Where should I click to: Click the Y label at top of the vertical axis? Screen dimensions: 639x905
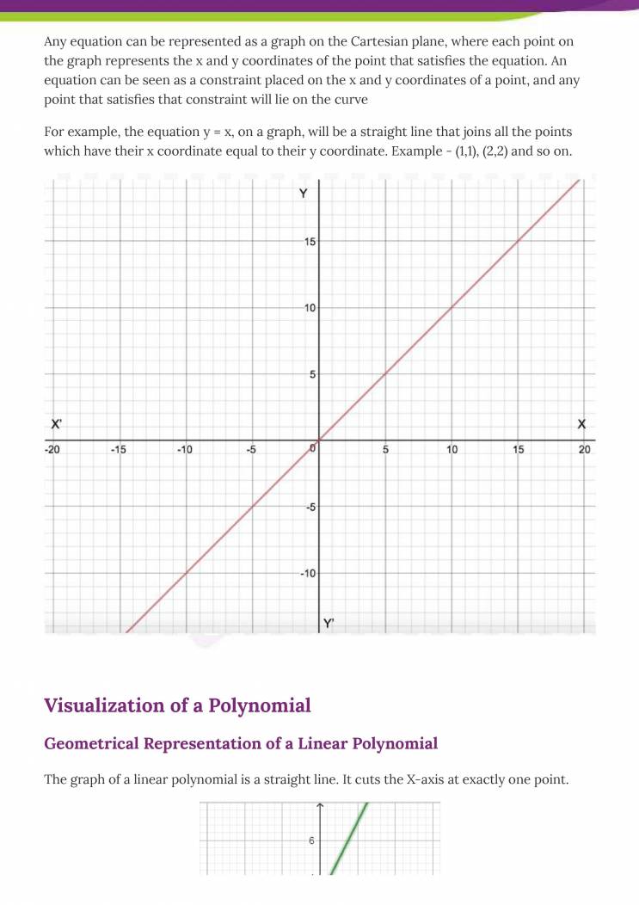(x=303, y=194)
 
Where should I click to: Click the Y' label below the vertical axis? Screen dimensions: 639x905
(x=328, y=623)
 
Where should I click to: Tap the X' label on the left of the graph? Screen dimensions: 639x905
(x=57, y=424)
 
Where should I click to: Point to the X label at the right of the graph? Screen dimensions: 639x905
(x=581, y=424)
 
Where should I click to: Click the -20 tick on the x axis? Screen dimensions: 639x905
(x=53, y=450)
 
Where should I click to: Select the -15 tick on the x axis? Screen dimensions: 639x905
(x=118, y=450)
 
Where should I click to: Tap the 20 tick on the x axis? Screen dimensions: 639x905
(x=585, y=450)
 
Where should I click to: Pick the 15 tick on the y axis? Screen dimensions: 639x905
(x=310, y=242)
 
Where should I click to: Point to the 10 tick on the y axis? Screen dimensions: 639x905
(x=310, y=308)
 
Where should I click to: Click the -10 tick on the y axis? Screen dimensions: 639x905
(x=308, y=574)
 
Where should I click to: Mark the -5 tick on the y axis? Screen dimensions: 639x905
(x=310, y=508)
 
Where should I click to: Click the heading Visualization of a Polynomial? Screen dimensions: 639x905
(x=177, y=705)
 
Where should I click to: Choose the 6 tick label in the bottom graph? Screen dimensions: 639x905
(x=311, y=840)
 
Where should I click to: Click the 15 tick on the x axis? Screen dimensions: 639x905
(x=519, y=450)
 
